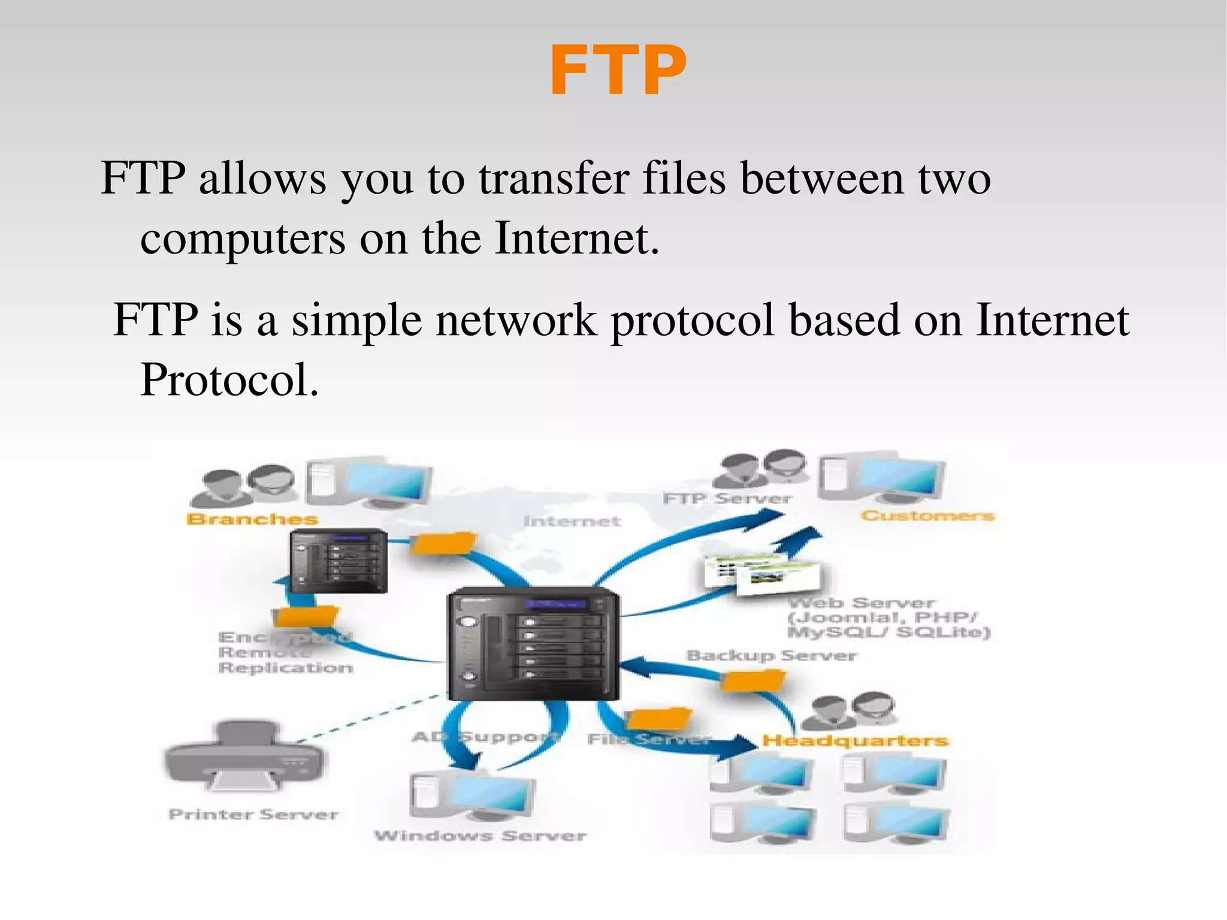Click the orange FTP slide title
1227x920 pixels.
618,71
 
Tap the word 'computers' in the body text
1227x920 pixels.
243,239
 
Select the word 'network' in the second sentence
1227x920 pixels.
516,319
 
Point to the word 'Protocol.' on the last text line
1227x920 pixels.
229,380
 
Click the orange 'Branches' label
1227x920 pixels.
252,519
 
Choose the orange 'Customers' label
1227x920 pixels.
927,515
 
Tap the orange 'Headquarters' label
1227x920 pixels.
856,741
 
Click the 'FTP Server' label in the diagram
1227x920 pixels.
727,499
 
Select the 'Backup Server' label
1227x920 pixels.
771,656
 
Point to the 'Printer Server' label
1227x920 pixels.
253,815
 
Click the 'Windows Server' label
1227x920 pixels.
480,835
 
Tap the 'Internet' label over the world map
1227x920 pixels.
572,521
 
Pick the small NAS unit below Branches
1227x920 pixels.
339,562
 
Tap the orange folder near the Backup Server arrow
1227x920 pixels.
752,681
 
